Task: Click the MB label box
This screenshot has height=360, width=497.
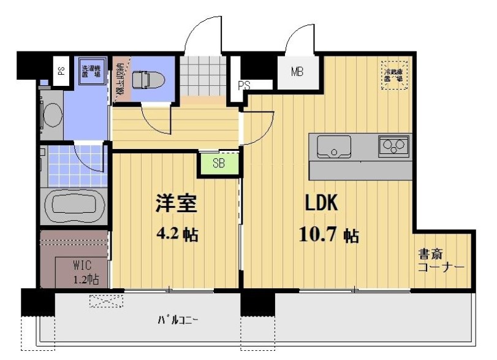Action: pos(297,71)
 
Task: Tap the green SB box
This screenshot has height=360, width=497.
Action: pos(218,163)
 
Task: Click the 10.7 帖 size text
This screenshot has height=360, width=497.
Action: pos(328,234)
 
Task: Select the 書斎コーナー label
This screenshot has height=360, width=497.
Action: pos(440,261)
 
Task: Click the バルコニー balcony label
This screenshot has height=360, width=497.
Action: pos(178,320)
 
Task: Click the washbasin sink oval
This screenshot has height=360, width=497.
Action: pos(51,114)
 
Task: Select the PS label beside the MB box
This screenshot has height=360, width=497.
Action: pos(244,85)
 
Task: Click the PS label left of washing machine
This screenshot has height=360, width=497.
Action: pos(61,70)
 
